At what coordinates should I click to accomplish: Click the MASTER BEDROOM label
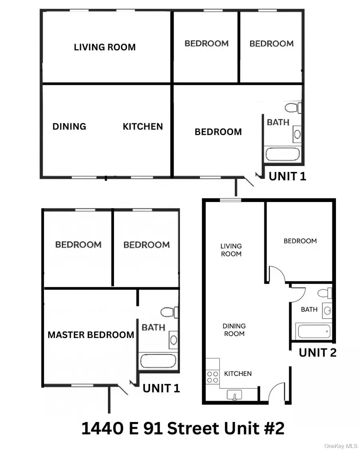coord(91,335)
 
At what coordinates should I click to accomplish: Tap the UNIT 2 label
coord(318,352)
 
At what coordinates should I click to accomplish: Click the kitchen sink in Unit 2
coord(235,395)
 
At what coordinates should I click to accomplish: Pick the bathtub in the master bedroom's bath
coord(158,361)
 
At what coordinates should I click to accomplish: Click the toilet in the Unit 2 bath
coord(324,293)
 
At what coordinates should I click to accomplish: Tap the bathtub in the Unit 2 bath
coord(314,331)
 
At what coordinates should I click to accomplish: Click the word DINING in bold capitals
coord(69,126)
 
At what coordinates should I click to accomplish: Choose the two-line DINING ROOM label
coord(234,330)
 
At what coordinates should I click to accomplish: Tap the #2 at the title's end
coord(274,428)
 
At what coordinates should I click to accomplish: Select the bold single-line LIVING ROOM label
coord(105,47)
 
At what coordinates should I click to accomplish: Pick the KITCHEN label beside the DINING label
coord(143,126)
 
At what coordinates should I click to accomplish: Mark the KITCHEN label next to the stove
coord(238,374)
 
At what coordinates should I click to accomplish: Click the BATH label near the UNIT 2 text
coord(309,309)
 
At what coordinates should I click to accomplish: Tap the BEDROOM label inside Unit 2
coord(300,241)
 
